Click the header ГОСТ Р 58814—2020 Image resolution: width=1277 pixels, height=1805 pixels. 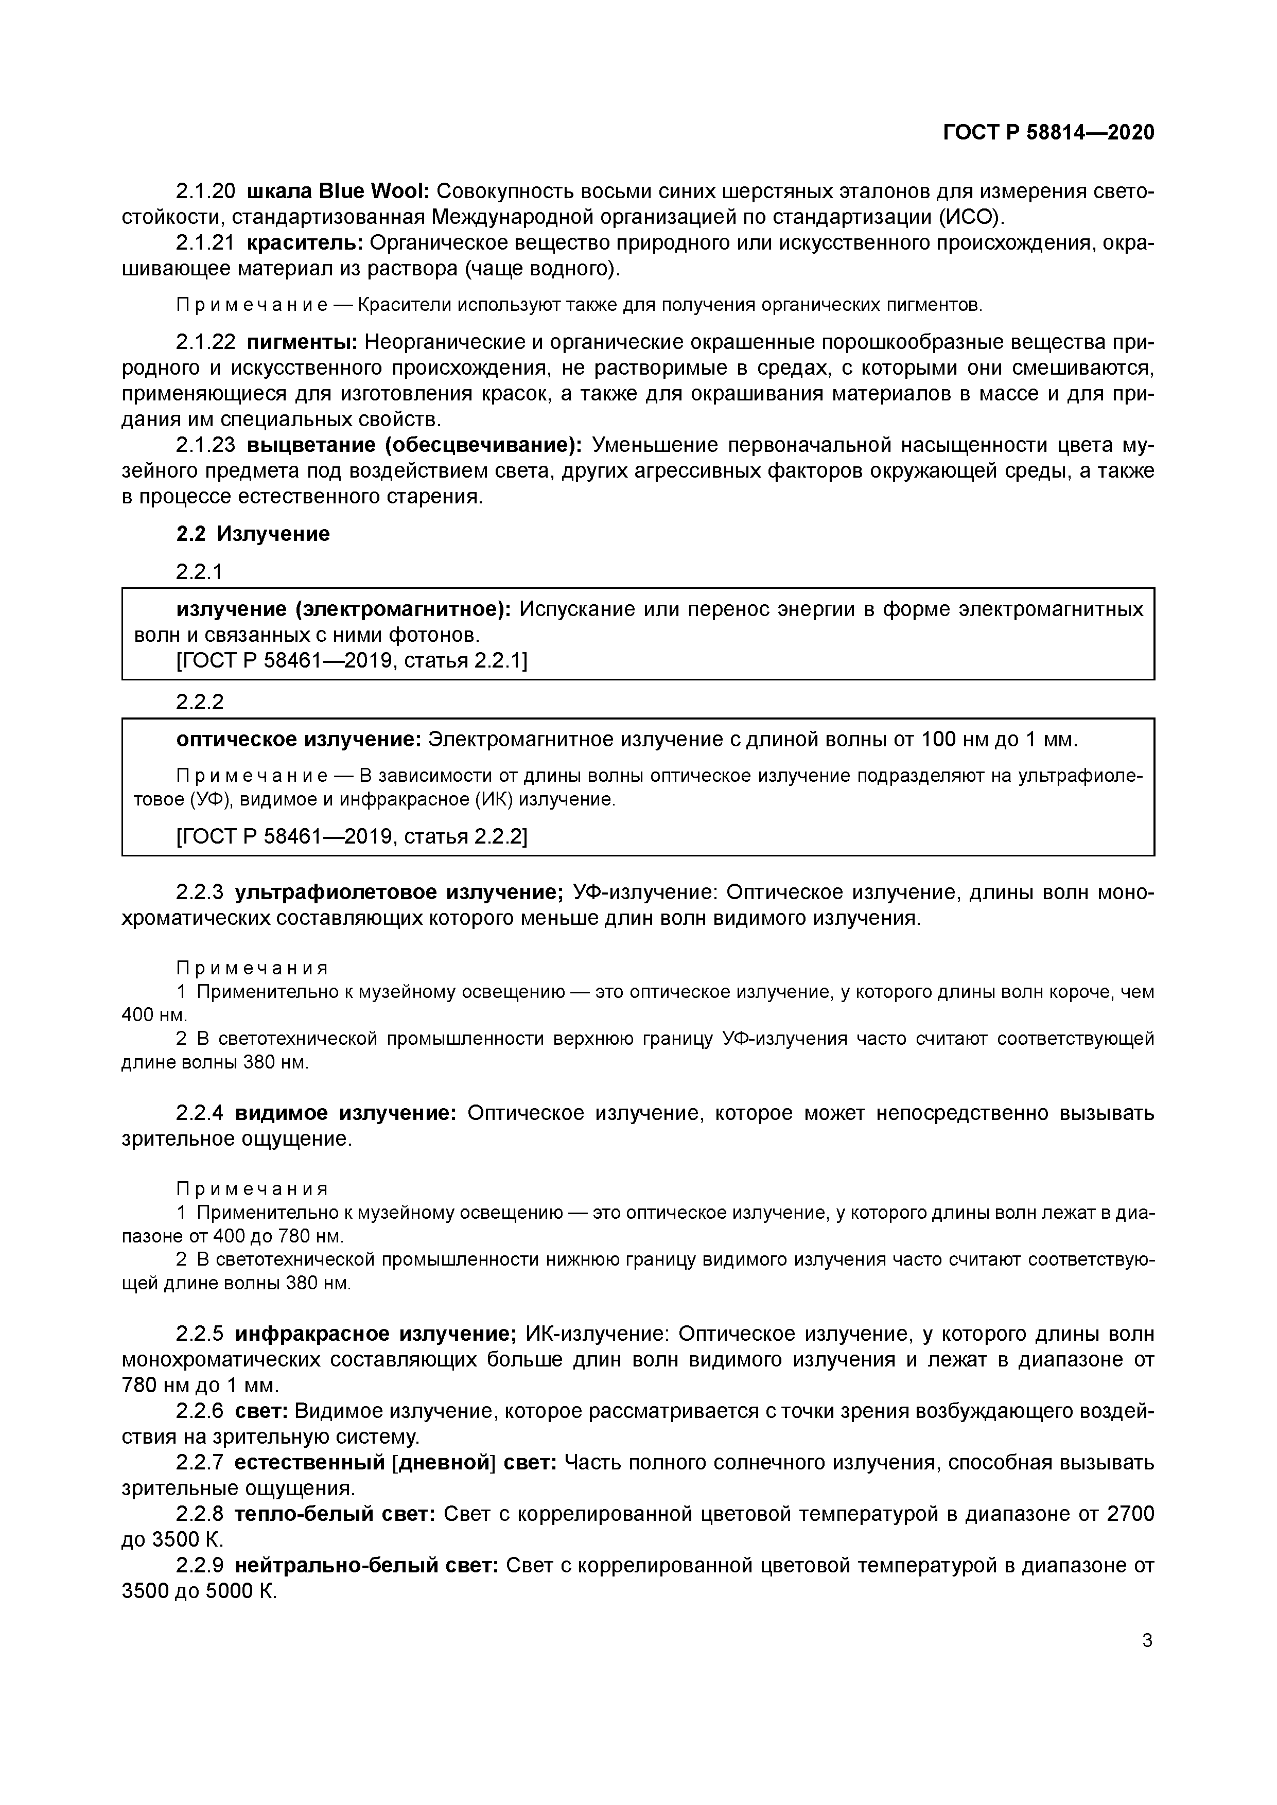coord(1048,133)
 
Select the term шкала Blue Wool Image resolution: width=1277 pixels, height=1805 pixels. coord(337,191)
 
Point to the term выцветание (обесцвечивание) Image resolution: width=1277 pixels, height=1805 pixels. coord(414,445)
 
